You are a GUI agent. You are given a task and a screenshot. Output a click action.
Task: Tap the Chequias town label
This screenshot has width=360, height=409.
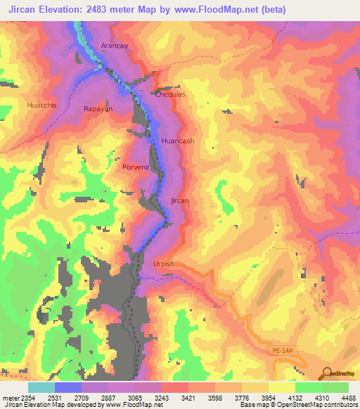(x=169, y=93)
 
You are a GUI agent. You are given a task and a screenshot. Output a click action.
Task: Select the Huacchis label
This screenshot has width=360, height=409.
(x=43, y=105)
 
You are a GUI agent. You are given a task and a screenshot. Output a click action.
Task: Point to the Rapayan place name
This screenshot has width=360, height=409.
(x=98, y=109)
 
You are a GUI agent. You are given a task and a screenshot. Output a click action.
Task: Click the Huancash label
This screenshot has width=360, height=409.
(x=177, y=141)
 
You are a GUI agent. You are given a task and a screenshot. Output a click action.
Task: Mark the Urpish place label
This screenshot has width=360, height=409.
(x=163, y=264)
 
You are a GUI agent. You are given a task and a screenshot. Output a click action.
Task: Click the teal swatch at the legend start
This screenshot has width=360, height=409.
(x=41, y=387)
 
